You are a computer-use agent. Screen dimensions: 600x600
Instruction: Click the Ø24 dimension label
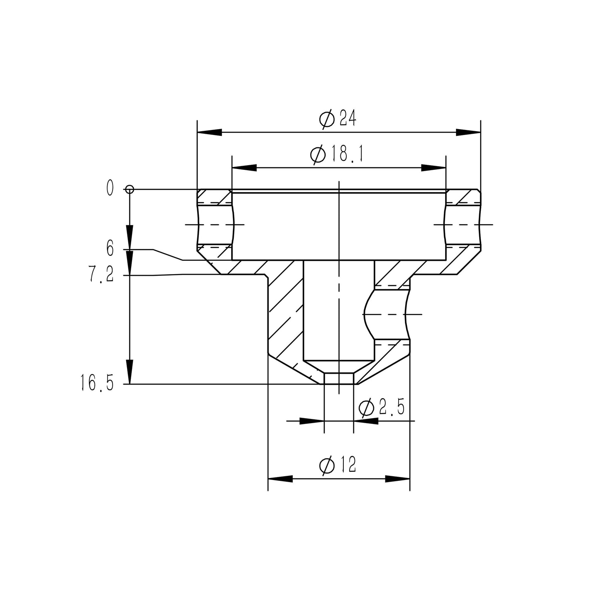click(x=338, y=119)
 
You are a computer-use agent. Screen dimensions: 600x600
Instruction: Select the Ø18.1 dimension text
click(x=337, y=154)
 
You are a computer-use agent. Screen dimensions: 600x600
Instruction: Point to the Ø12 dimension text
click(x=338, y=465)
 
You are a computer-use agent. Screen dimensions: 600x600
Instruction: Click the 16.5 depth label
click(x=97, y=383)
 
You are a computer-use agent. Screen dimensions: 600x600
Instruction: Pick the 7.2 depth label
click(x=101, y=274)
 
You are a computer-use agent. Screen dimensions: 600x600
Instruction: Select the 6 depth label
click(x=110, y=249)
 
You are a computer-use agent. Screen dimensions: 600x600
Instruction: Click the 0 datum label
click(x=110, y=188)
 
